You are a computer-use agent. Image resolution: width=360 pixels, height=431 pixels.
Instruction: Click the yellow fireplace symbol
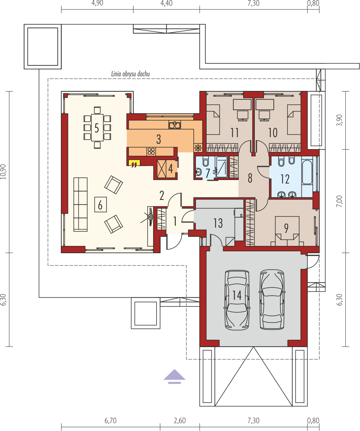point(134,163)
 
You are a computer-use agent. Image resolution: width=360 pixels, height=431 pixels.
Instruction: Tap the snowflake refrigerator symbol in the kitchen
point(198,148)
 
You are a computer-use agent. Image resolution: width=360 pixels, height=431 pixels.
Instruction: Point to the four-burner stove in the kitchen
point(151,152)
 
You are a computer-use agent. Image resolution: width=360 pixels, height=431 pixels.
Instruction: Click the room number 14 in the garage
point(237,295)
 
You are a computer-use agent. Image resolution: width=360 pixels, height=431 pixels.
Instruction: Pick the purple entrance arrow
point(174,377)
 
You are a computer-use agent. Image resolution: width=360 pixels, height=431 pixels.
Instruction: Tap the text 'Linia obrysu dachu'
point(130,74)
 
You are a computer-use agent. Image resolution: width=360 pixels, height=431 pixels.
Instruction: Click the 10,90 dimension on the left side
point(3,172)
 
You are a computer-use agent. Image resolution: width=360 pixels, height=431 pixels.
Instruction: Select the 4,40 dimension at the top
point(166,3)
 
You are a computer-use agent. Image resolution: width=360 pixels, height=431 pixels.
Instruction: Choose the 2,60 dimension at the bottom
point(180,421)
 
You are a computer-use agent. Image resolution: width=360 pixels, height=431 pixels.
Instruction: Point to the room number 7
point(208,173)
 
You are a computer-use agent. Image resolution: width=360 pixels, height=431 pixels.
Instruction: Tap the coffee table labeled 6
point(100,204)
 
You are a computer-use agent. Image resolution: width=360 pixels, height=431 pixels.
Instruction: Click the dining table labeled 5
point(97,128)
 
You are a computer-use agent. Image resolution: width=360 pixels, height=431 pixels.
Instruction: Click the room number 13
point(218,223)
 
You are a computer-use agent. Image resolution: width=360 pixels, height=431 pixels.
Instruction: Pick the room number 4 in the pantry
point(170,169)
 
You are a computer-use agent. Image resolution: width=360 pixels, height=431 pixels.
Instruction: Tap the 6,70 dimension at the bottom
point(111,421)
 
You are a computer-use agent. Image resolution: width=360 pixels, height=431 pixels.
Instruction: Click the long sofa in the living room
point(80,204)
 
